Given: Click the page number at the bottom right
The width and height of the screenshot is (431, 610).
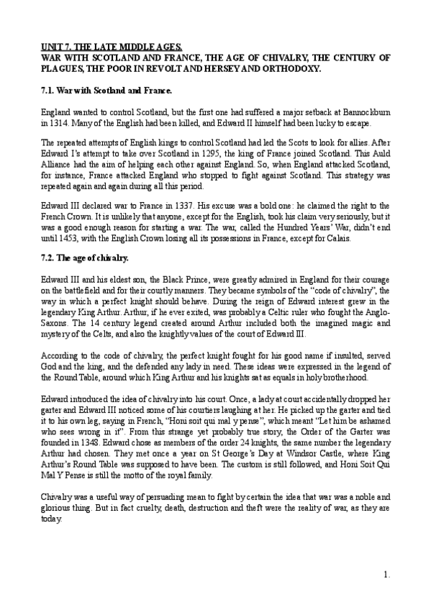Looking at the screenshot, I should tap(386, 574).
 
